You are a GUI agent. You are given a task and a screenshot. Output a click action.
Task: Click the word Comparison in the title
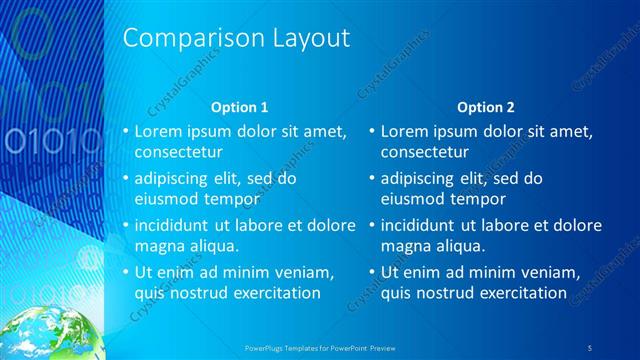pyautogui.click(x=181, y=39)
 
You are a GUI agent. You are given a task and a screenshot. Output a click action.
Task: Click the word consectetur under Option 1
pyautogui.click(x=178, y=153)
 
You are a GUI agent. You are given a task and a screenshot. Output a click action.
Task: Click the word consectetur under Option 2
pyautogui.click(x=425, y=153)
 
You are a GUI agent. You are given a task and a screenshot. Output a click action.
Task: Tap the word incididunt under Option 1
pyautogui.click(x=177, y=226)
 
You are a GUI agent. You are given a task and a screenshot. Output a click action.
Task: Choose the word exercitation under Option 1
pyautogui.click(x=275, y=293)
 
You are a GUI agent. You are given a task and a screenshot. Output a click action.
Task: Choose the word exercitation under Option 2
pyautogui.click(x=522, y=293)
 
